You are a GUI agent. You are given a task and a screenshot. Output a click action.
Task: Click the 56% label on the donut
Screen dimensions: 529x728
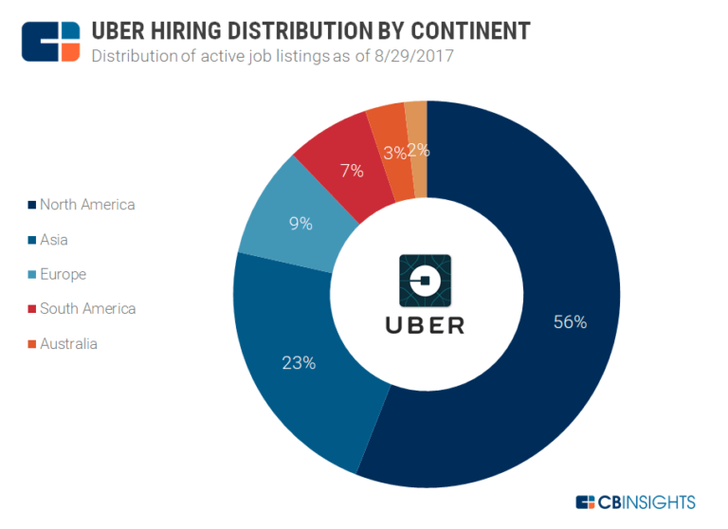click(x=570, y=322)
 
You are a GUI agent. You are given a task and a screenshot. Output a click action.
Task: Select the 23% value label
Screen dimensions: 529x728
click(x=298, y=362)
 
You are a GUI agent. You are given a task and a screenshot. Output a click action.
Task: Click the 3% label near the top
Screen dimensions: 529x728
click(x=394, y=153)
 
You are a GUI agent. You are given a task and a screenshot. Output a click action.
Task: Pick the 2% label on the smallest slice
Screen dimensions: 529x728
click(x=418, y=149)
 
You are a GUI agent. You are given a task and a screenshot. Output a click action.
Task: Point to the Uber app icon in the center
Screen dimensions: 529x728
click(x=425, y=282)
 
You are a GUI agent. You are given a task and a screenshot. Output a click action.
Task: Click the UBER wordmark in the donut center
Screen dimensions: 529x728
click(x=425, y=326)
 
